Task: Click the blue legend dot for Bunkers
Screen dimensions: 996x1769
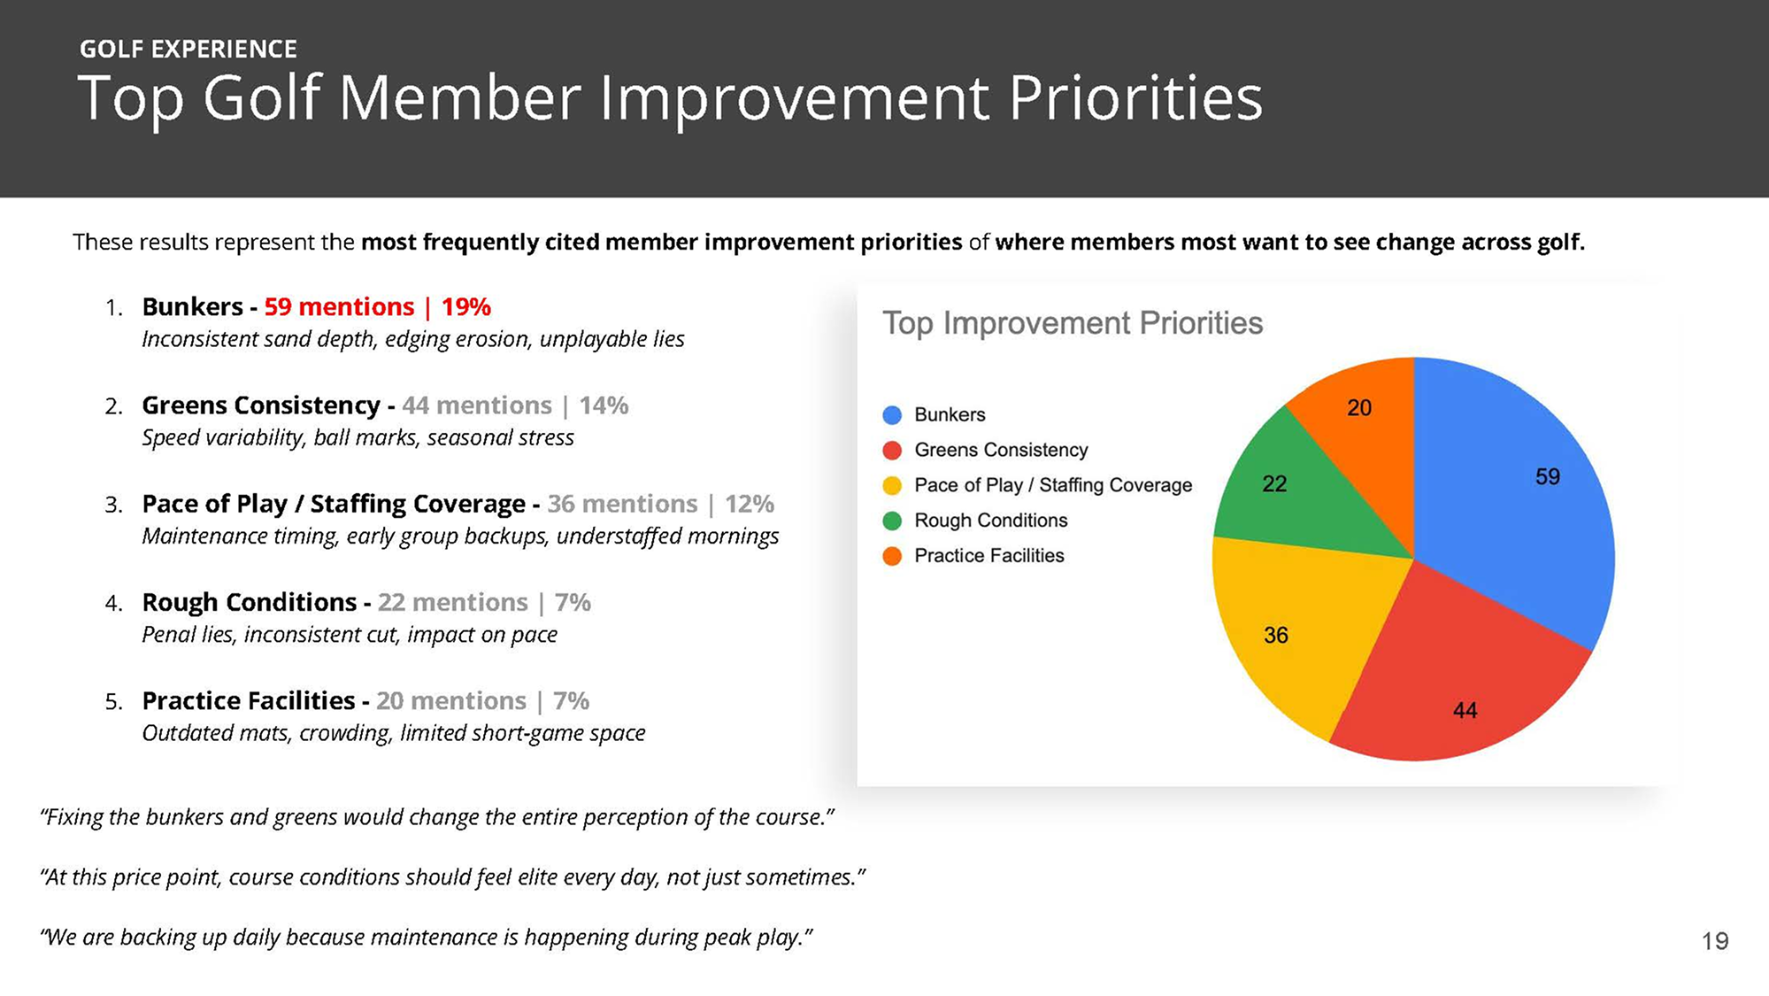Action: coord(892,415)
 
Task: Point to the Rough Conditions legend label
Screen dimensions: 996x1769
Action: coord(990,521)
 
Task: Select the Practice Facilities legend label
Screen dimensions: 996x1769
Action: coord(988,556)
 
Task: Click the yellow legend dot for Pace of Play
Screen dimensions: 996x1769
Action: coord(892,485)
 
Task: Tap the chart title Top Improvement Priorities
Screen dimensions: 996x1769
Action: coord(1072,323)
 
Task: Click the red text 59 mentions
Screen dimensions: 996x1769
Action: coord(339,307)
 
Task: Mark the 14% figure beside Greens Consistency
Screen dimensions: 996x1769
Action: coord(604,405)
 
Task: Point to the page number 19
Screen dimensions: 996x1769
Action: coord(1714,941)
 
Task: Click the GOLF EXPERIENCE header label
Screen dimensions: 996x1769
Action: coord(188,49)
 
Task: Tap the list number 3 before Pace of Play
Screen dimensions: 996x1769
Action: coord(112,506)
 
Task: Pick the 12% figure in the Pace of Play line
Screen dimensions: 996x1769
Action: coord(749,504)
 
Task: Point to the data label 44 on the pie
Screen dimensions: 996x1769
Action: coord(1465,710)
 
